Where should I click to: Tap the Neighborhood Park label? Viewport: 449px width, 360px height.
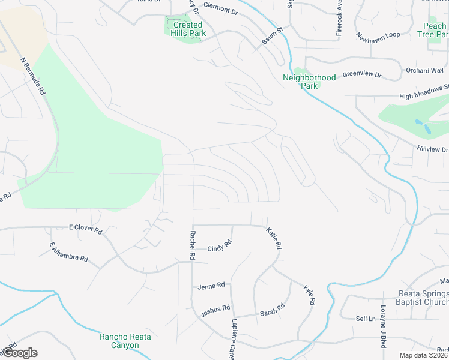pos(309,82)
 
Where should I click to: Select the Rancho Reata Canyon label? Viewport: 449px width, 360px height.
pos(125,341)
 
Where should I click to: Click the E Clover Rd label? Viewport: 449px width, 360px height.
pos(86,229)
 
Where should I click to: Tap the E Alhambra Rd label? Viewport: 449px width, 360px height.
pos(69,253)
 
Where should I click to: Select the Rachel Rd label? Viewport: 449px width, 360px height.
pos(193,245)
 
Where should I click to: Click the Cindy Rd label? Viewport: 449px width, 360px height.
pos(220,247)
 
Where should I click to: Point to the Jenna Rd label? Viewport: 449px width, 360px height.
pos(211,286)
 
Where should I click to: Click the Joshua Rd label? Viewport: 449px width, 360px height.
pos(215,310)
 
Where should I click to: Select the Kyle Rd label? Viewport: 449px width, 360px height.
pos(309,295)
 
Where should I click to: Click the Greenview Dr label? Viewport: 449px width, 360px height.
pos(362,75)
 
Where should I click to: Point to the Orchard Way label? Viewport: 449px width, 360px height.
pos(424,70)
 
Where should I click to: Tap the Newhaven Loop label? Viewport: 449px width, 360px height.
pos(378,35)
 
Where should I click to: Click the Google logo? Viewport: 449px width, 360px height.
pos(19,353)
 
